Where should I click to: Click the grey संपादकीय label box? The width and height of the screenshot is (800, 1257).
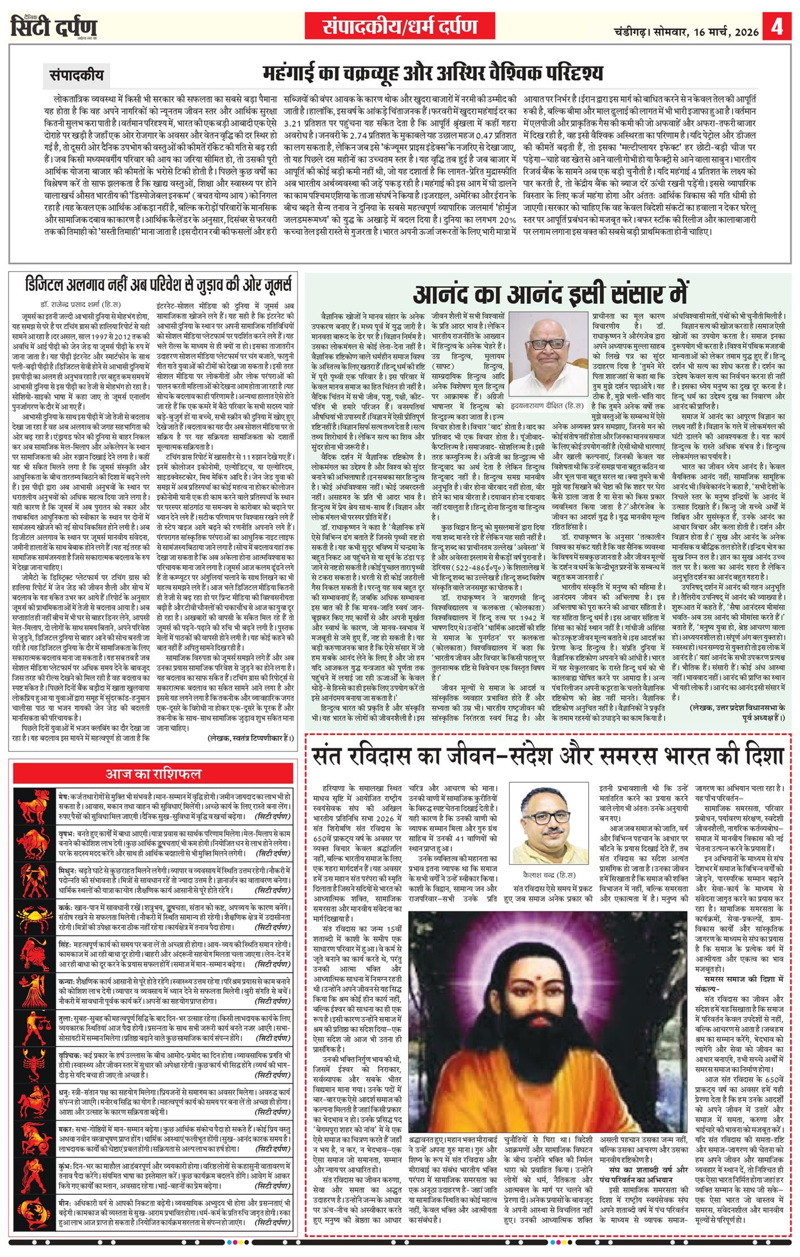(73, 75)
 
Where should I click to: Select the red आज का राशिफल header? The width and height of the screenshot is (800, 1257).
(153, 774)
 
